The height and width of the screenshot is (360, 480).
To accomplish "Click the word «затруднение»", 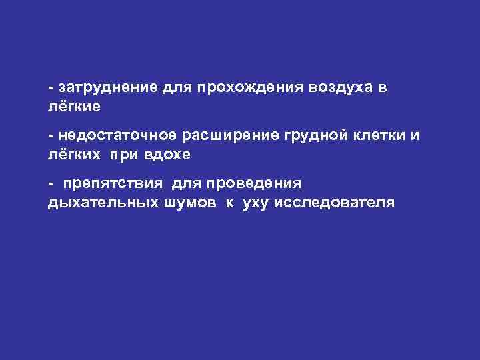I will click(x=107, y=88).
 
